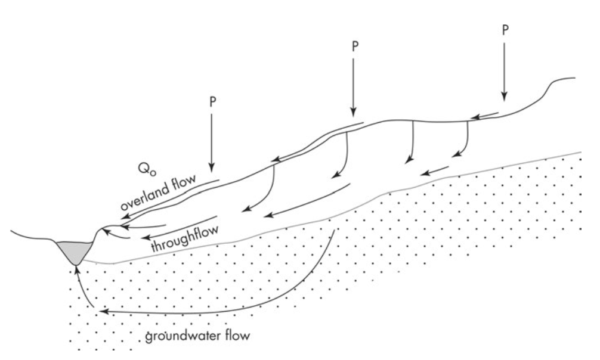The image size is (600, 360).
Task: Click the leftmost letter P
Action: click(212, 101)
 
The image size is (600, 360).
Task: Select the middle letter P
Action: click(354, 47)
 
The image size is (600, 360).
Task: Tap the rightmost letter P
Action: click(505, 30)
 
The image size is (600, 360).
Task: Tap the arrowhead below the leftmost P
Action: click(212, 169)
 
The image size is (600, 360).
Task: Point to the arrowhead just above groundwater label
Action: click(100, 311)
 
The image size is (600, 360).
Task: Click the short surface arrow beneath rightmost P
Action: click(485, 114)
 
